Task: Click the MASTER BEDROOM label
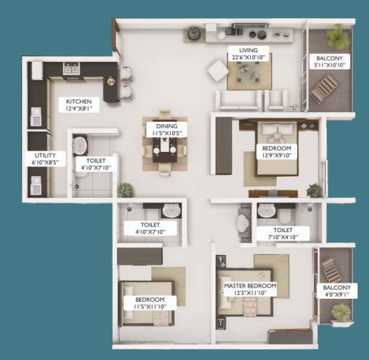(250, 288)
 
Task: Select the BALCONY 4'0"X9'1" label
(337, 291)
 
